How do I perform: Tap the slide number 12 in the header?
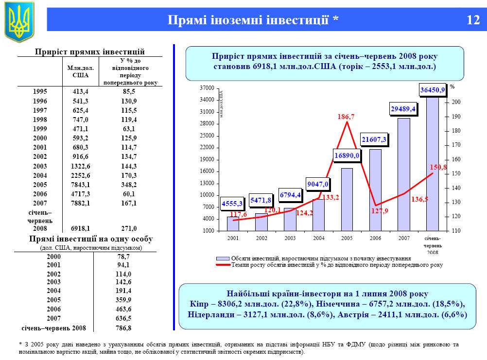(472, 20)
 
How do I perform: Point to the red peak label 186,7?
(346, 117)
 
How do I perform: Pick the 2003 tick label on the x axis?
(290, 239)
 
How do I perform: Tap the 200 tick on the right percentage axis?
(455, 102)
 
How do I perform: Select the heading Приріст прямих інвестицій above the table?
(90, 51)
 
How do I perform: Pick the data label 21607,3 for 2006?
(374, 139)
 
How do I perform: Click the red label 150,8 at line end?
(438, 167)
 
